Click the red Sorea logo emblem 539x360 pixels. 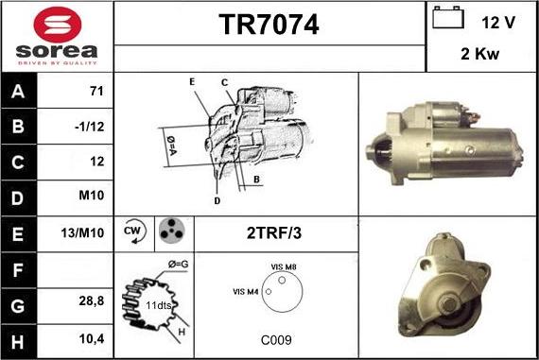pyautogui.click(x=58, y=25)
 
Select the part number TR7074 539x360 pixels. pyautogui.click(x=269, y=25)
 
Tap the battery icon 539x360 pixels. pyautogui.click(x=448, y=17)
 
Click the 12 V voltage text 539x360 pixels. pyautogui.click(x=498, y=23)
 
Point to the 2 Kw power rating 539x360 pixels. pyautogui.click(x=479, y=54)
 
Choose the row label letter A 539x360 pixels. pyautogui.click(x=18, y=92)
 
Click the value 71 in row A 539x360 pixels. pyautogui.click(x=96, y=91)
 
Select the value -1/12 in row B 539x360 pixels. pyautogui.click(x=90, y=127)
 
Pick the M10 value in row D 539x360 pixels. pyautogui.click(x=92, y=195)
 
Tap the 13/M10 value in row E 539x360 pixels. pyautogui.click(x=82, y=232)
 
